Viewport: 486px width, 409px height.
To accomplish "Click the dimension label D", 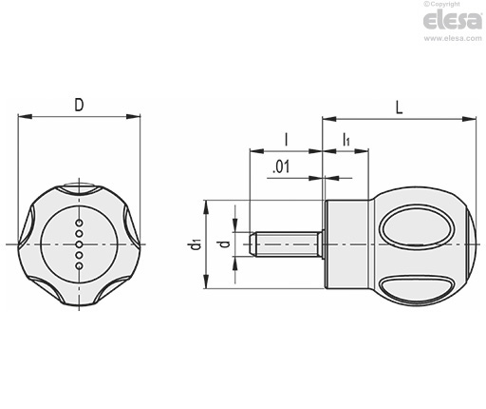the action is (79, 105).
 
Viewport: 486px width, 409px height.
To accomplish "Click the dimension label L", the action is (400, 107).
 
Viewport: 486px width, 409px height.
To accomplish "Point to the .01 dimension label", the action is (281, 167).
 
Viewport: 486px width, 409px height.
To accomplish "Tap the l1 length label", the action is (346, 140).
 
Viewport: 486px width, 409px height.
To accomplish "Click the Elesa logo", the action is (453, 20).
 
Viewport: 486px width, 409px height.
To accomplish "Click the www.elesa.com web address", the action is (453, 38).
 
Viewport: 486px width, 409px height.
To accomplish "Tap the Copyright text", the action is (442, 4).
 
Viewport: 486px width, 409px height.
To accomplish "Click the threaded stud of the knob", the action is (286, 244).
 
